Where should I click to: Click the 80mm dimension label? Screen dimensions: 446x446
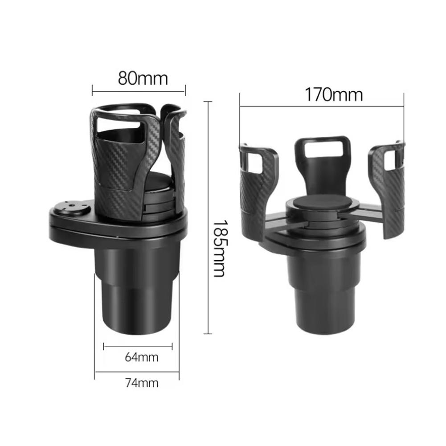click(143, 78)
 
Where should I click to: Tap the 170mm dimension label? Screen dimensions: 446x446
click(333, 94)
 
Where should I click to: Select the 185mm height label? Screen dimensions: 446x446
click(218, 248)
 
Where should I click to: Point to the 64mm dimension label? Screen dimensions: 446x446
click(141, 357)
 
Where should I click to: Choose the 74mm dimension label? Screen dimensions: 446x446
click(141, 383)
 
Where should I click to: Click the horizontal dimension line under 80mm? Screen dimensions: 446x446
click(139, 92)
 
